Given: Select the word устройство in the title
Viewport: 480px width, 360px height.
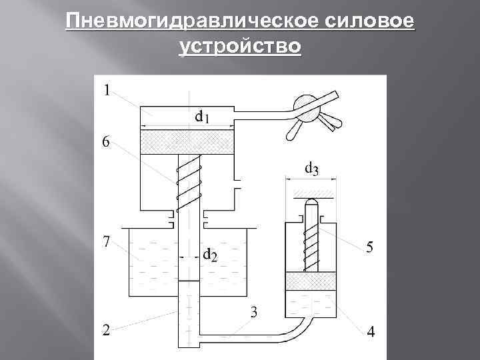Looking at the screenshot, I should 240,47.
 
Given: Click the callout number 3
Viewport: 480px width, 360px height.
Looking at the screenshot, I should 254,311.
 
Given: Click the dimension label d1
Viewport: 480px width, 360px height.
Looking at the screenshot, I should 202,117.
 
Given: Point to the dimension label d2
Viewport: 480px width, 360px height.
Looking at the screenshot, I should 209,254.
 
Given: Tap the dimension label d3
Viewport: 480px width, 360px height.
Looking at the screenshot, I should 311,169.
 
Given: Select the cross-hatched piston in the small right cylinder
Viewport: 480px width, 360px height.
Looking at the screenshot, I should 311,282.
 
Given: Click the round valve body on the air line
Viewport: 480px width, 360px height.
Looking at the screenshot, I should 305,107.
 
